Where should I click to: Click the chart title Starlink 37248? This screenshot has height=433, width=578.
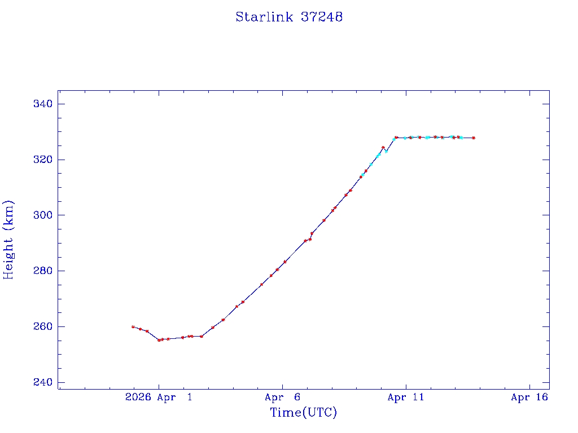289,17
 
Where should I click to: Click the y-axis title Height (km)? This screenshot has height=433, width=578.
8,240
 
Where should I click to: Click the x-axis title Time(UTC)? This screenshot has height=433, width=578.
304,413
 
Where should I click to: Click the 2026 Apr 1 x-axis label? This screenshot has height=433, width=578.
159,397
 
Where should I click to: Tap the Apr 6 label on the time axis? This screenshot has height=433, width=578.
282,397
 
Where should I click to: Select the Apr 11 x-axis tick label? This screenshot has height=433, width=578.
405,397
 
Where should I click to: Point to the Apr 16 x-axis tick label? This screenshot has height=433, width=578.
529,397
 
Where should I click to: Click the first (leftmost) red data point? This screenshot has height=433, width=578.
133,326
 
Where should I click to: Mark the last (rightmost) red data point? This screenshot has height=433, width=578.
474,138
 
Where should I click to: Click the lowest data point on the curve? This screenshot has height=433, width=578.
159,340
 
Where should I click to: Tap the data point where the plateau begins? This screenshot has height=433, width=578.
396,137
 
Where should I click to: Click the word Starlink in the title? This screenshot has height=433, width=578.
264,17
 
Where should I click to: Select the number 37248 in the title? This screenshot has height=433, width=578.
322,17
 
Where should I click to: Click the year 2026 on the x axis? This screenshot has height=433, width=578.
138,397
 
